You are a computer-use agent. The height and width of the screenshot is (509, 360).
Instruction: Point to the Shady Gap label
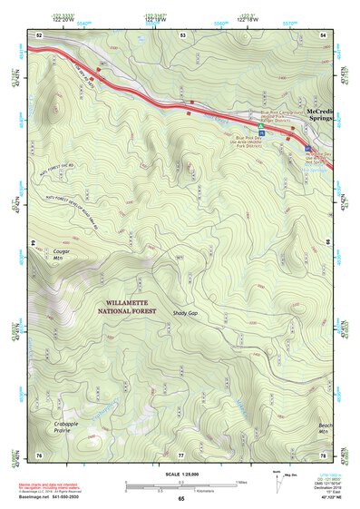pyautogui.click(x=185, y=312)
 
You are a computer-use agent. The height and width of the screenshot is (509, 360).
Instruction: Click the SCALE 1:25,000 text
pyautogui.click(x=180, y=475)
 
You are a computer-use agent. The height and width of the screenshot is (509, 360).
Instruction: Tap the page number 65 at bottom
pyautogui.click(x=180, y=499)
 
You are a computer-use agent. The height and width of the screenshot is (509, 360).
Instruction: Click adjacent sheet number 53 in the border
pyautogui.click(x=182, y=34)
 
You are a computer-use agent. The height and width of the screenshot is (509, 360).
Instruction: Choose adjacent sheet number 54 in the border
pyautogui.click(x=323, y=34)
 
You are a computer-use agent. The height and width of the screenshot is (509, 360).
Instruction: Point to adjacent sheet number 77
pyautogui.click(x=180, y=454)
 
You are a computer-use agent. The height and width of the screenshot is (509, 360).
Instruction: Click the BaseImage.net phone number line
pyautogui.click(x=51, y=496)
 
